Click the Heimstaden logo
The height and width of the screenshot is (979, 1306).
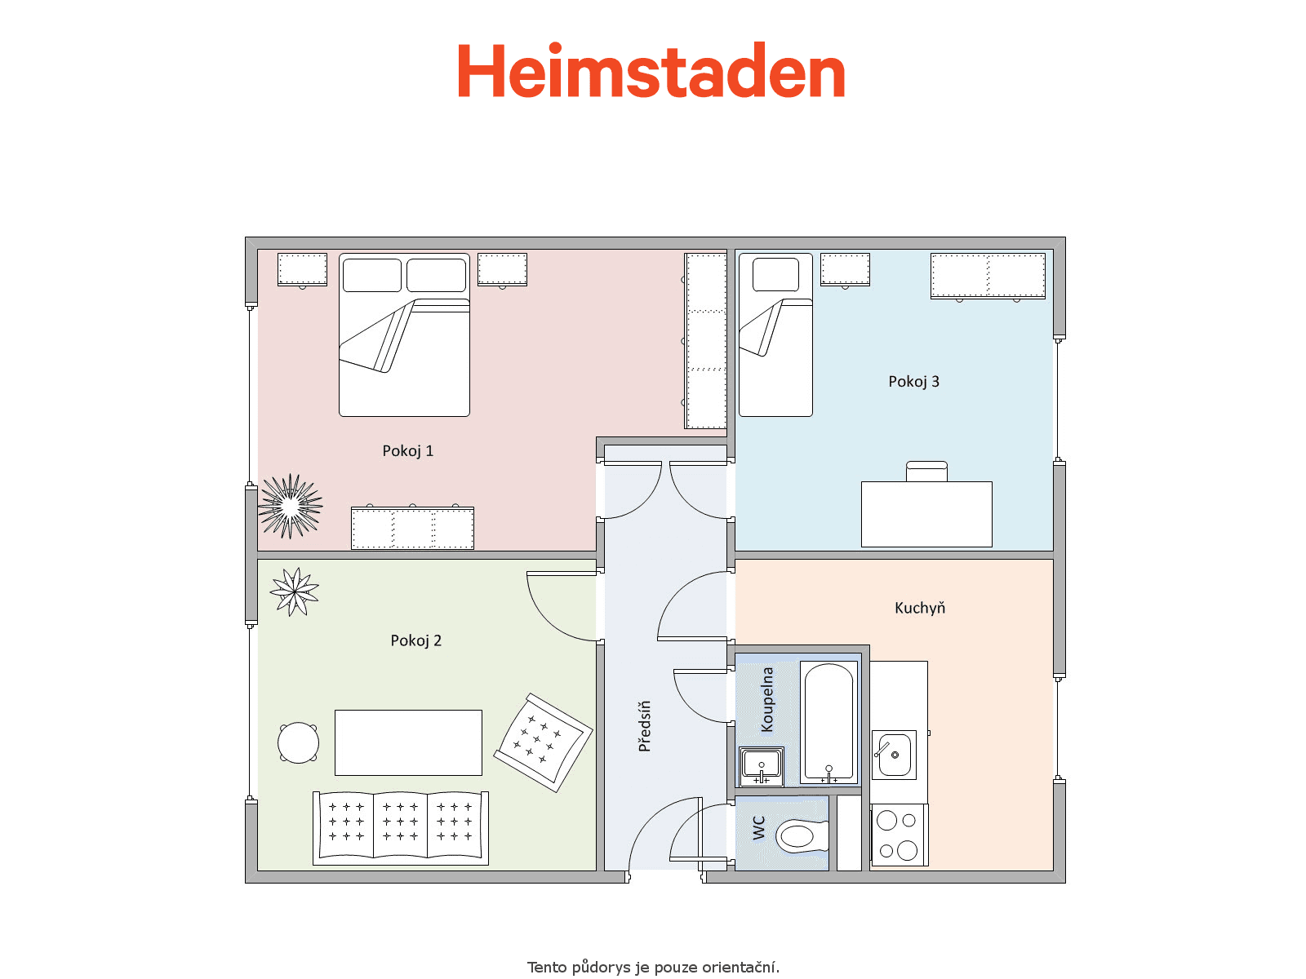pos(651,70)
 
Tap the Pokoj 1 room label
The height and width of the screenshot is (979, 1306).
pos(407,451)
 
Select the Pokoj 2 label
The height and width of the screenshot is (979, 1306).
pos(416,640)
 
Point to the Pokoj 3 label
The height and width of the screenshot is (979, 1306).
pos(913,382)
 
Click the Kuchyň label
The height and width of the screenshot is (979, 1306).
pos(920,608)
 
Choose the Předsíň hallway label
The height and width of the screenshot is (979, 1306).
pos(644,726)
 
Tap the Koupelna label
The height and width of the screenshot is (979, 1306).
pos(767,700)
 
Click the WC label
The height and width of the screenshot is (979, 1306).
pos(758,827)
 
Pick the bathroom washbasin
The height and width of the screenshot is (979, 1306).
pos(761,766)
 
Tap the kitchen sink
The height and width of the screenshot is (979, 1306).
pos(894,755)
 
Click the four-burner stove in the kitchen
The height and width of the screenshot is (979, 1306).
pos(899,835)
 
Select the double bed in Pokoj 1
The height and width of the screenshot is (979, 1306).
pos(404,334)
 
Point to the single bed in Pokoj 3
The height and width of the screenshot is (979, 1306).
pos(775,334)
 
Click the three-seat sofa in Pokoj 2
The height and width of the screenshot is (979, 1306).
pos(401,828)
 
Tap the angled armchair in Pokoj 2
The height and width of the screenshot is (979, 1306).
pos(543,742)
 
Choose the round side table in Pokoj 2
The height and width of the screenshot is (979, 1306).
pos(298,742)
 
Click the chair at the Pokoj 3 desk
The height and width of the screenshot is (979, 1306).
pos(926,472)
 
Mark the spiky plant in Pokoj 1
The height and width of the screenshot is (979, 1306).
pos(290,507)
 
